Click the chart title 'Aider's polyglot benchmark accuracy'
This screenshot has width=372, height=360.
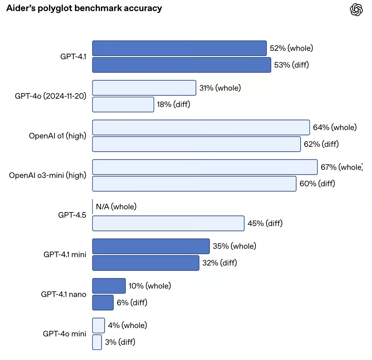point(84,8)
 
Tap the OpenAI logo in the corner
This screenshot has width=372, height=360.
point(356,10)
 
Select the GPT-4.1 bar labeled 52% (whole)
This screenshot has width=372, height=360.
point(179,48)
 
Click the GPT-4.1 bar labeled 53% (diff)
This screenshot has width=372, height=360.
point(182,65)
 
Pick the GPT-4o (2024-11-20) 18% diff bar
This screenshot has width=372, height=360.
point(123,104)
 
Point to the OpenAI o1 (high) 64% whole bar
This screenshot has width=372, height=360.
point(201,127)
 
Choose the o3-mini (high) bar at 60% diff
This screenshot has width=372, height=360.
point(194,184)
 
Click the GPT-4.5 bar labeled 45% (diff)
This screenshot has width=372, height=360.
point(168,223)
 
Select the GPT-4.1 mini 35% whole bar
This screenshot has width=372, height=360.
point(151,246)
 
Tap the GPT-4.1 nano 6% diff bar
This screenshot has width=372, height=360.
point(103,303)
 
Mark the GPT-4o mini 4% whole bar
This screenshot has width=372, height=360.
point(98,325)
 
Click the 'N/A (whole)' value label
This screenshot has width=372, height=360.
point(116,207)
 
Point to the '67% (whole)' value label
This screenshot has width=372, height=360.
point(341,167)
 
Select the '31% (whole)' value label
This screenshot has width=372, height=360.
point(220,88)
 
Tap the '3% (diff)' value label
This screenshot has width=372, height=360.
point(120,342)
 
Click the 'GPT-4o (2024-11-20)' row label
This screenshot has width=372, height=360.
point(51,96)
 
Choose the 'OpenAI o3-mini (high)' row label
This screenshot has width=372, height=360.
point(48,175)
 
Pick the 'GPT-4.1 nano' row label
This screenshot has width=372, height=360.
point(63,294)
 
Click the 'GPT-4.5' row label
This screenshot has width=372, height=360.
point(72,215)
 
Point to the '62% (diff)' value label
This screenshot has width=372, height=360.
point(321,144)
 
